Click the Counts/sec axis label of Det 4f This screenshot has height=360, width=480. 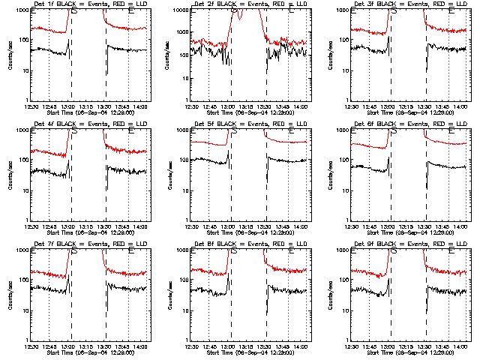point(10,176)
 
